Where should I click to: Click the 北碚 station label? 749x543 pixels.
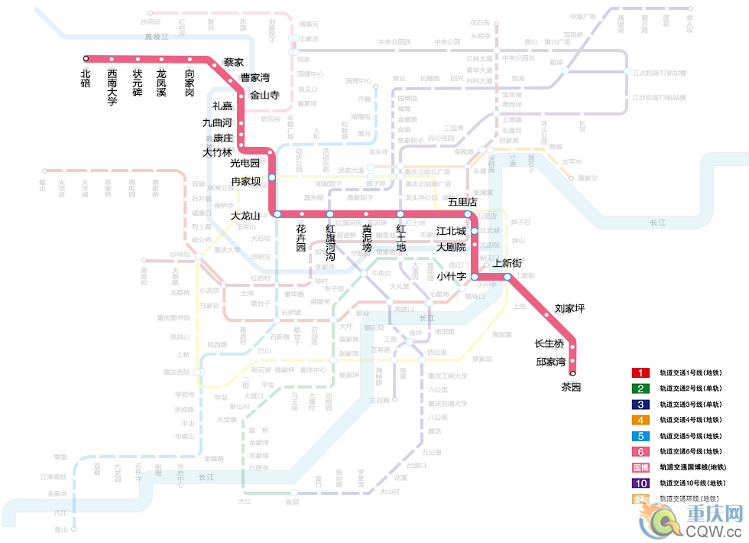pos(86,78)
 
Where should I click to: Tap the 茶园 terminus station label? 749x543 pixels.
pos(571,387)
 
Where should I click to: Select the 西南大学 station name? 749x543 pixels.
pos(112,86)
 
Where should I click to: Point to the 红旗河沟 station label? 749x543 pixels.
pos(330,238)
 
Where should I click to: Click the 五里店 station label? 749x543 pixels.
pos(462,202)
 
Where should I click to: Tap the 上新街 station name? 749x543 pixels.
pos(507,263)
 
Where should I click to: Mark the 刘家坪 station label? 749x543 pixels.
pos(569,309)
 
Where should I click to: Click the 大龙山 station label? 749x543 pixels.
pos(246,216)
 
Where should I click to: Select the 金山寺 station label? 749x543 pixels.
pos(264,95)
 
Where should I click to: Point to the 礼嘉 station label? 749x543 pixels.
pos(222,106)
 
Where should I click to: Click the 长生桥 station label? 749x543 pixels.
pos(549,343)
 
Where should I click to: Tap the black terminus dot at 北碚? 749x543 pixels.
pos(86,58)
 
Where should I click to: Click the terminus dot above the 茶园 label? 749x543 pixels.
pos(572,373)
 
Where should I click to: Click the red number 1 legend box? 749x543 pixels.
pos(640,373)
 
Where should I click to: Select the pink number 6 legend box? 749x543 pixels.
pos(640,451)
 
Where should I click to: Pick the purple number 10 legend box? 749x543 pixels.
pos(640,483)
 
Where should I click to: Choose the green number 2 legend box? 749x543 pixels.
pos(640,389)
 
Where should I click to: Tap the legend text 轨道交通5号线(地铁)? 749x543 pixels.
pos(692,436)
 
